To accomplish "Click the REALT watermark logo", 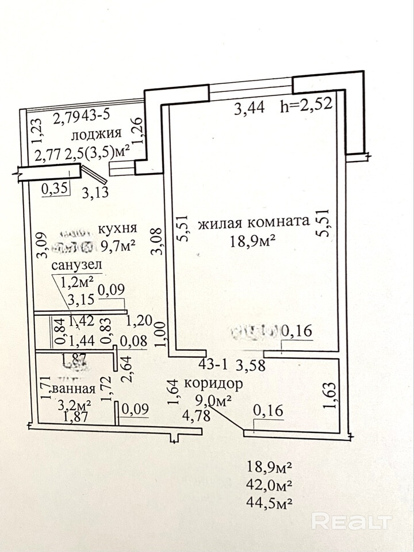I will pyautogui.click(x=351, y=521).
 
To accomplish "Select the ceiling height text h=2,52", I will pyautogui.click(x=306, y=107).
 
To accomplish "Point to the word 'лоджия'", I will pyautogui.click(x=95, y=134).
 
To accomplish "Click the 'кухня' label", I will pyautogui.click(x=117, y=228).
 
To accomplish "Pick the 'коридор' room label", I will pyautogui.click(x=213, y=383).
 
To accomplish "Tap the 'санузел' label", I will pyautogui.click(x=76, y=265).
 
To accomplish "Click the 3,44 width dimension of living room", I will pyautogui.click(x=249, y=107).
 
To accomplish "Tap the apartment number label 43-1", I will pyautogui.click(x=212, y=365).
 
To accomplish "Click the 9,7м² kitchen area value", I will pyautogui.click(x=118, y=247).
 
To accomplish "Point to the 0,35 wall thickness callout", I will pyautogui.click(x=55, y=186).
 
